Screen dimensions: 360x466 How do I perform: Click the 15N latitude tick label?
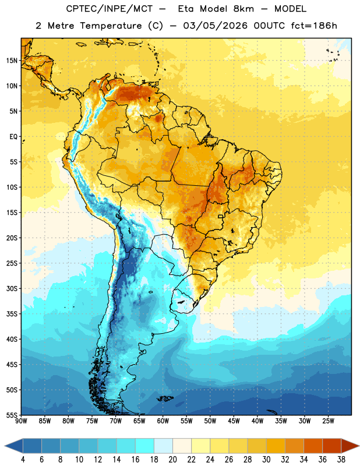coord(12,61)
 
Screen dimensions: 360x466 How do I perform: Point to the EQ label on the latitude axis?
coord(13,137)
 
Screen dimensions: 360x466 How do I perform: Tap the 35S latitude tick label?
coord(12,314)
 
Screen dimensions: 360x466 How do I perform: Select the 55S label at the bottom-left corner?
coord(12,415)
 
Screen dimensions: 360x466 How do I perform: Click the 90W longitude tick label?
coord(21,421)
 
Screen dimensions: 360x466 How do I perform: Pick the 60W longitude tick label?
coord(163,421)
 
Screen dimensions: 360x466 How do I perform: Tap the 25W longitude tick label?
coord(328,421)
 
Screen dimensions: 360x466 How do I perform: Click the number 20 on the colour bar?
coord(172,460)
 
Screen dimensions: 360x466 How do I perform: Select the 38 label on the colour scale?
coord(341,460)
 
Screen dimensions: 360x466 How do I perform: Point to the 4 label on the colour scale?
coord(23,460)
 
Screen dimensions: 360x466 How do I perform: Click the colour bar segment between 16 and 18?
coord(145,446)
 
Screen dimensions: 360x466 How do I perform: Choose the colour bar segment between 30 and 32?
coord(276,446)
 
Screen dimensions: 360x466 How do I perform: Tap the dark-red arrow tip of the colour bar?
coord(358,446)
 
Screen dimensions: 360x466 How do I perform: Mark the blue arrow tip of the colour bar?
coord(5,446)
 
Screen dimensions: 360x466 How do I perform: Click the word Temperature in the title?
coord(111,26)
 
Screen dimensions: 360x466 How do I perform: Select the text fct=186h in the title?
coord(314,26)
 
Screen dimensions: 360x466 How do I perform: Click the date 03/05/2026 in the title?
coord(215,26)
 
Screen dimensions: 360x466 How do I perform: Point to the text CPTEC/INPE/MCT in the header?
coord(110,9)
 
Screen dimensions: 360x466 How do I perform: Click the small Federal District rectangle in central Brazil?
coord(221,216)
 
